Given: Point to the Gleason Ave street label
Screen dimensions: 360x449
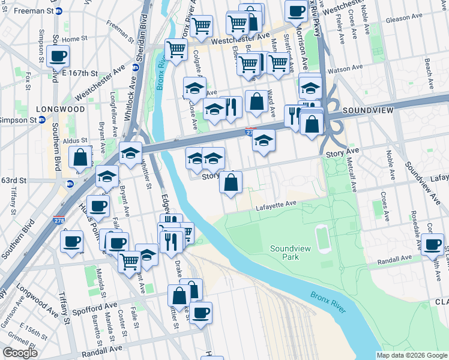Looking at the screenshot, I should click(x=406, y=19).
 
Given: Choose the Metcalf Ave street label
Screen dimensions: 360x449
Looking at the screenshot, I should click(x=352, y=172).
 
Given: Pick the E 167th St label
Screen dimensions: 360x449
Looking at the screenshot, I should click(x=79, y=73).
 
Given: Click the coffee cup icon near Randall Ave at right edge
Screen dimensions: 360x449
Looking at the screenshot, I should click(x=432, y=244).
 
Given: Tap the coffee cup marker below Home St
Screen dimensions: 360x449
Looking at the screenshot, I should click(x=58, y=56).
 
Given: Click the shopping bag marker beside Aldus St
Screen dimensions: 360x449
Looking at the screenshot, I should click(x=80, y=157).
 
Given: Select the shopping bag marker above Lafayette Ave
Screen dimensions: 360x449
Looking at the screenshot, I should click(x=231, y=182).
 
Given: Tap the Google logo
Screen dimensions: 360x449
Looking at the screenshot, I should click(x=20, y=352).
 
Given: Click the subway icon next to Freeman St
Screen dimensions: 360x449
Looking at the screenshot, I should click(x=58, y=11).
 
